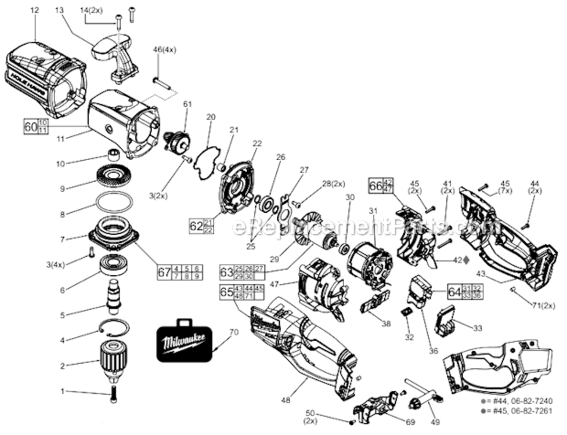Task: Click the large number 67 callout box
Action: click(164, 272)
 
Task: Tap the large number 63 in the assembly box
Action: click(226, 271)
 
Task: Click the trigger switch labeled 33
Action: click(447, 321)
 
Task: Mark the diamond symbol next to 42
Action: click(466, 260)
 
